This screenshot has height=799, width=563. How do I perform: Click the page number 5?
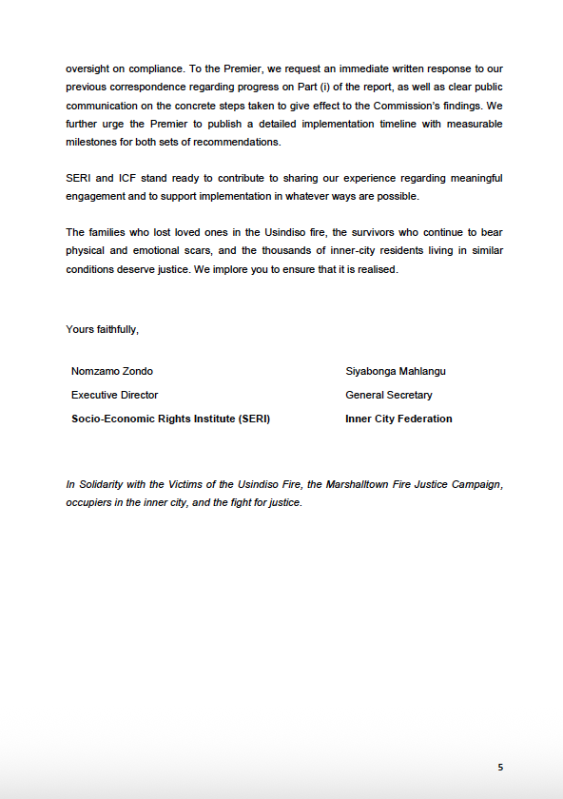(500, 767)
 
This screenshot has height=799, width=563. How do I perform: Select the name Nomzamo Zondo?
(111, 371)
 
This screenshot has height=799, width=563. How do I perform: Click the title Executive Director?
(114, 395)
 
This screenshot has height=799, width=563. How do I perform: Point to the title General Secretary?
(388, 395)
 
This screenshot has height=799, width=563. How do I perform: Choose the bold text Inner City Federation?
(398, 419)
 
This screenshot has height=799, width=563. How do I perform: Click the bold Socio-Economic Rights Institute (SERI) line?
(170, 419)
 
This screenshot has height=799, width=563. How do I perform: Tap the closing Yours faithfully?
(102, 329)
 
